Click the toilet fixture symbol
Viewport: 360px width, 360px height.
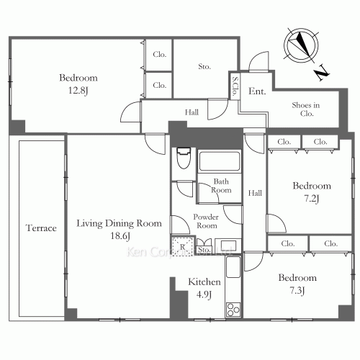point(184,158)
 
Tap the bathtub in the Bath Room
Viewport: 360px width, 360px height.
point(219,161)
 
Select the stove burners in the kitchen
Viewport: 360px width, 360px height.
point(233,310)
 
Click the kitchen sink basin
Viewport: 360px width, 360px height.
point(233,267)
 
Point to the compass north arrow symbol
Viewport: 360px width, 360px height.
point(301,45)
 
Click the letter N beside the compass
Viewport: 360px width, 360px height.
point(322,73)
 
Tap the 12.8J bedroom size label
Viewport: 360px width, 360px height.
point(78,91)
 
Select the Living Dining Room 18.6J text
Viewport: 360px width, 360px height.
point(119,230)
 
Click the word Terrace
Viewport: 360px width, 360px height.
point(41,228)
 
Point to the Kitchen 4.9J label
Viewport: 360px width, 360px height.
point(204,288)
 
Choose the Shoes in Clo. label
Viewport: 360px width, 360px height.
point(306,109)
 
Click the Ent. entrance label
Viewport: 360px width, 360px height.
point(257,91)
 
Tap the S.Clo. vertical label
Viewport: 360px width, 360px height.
point(235,86)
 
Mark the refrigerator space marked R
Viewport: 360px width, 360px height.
point(183,246)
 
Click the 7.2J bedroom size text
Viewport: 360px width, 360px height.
point(312,199)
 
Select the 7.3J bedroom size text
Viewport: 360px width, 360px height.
point(297,290)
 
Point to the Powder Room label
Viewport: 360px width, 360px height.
point(206,221)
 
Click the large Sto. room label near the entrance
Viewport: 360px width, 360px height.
point(204,66)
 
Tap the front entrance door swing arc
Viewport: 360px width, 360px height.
point(258,61)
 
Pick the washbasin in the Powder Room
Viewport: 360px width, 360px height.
point(228,246)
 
